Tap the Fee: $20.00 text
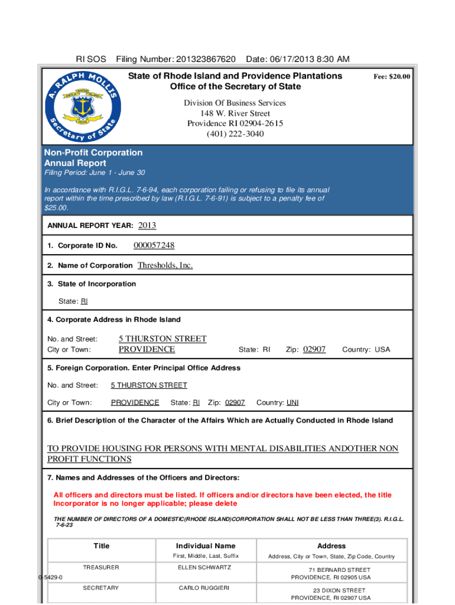[392, 77]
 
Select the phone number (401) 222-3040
[235, 134]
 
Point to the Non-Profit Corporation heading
[93, 152]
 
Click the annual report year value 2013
[147, 226]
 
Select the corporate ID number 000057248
[154, 246]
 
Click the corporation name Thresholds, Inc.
[165, 265]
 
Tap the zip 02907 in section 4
[314, 349]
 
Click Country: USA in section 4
[366, 350]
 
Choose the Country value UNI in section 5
[292, 402]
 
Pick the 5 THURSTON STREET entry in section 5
[149, 385]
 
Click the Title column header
[101, 546]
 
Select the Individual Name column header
[205, 546]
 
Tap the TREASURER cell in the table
[101, 568]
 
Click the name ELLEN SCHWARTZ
[205, 568]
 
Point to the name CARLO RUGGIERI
[205, 588]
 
